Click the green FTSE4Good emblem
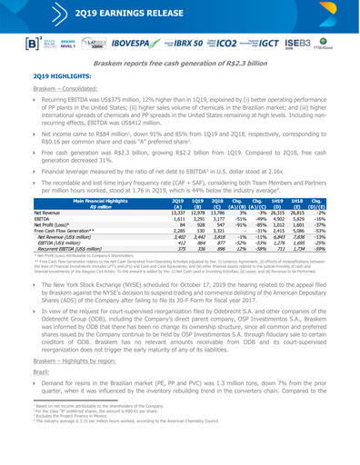[342, 44]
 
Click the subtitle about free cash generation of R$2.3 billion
[179, 72]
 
